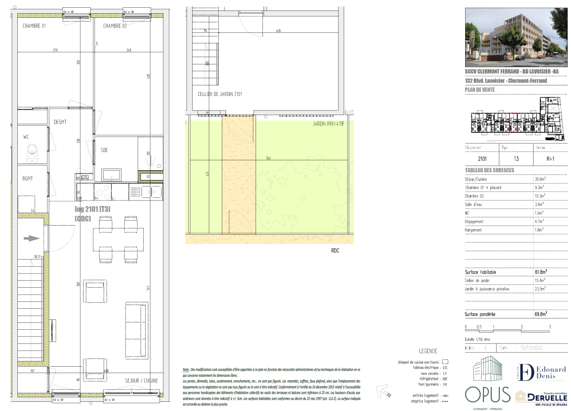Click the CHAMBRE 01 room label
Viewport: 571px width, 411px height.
(34, 26)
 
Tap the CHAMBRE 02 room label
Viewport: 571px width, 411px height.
(115, 26)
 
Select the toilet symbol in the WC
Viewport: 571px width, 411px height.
(32, 152)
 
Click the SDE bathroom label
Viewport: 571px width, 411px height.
(104, 150)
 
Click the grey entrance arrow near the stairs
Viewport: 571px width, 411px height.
(31, 238)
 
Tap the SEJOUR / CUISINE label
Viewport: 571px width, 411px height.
(141, 380)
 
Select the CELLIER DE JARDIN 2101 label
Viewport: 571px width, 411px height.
(220, 94)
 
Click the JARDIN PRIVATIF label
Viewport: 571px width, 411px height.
(328, 124)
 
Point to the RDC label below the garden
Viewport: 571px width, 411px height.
(335, 251)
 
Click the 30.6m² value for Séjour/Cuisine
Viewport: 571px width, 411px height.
(541, 179)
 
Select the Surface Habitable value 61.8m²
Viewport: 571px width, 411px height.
(541, 272)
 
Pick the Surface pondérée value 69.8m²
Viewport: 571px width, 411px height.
(541, 314)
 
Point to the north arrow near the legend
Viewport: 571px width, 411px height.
(382, 391)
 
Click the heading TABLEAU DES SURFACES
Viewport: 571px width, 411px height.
(489, 170)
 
